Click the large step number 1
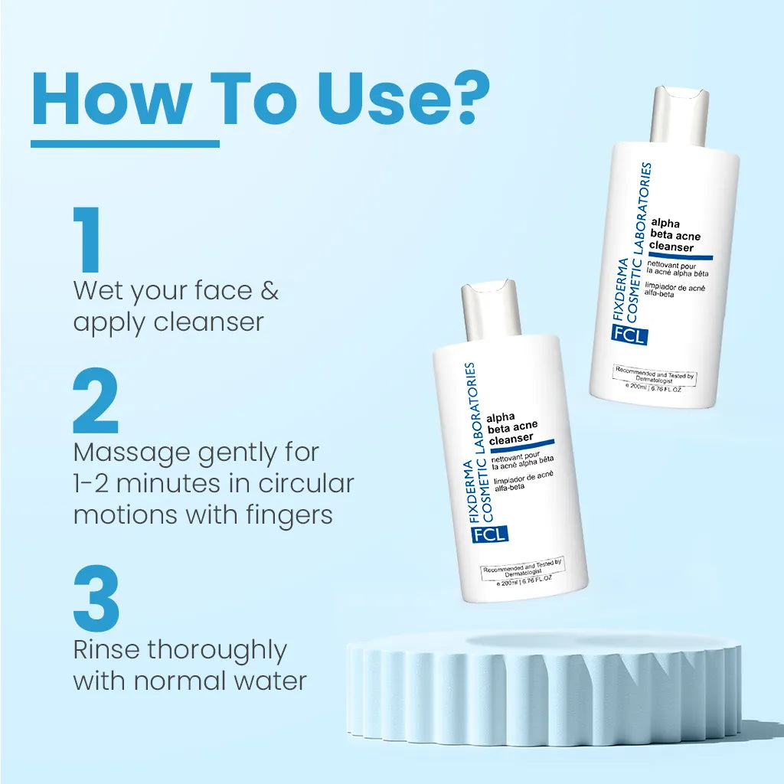click(x=89, y=240)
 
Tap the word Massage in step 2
click(x=131, y=453)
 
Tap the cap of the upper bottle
click(x=680, y=115)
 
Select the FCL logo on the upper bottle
click(x=629, y=335)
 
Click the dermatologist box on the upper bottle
click(x=655, y=376)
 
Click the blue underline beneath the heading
click(x=125, y=142)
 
